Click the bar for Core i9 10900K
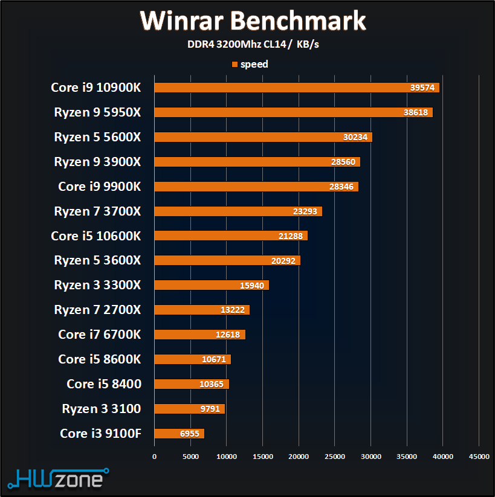point(296,88)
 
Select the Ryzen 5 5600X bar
point(263,137)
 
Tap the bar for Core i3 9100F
point(180,434)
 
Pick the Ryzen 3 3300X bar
point(212,285)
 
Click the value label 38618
point(416,113)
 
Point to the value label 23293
point(305,212)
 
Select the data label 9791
point(211,409)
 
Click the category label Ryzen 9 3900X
point(97,162)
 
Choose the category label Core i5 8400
point(103,384)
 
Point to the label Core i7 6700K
point(99,335)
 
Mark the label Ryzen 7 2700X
point(97,310)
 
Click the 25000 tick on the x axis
point(335,457)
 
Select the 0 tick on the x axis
point(155,457)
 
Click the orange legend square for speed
point(235,64)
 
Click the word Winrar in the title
point(182,21)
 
